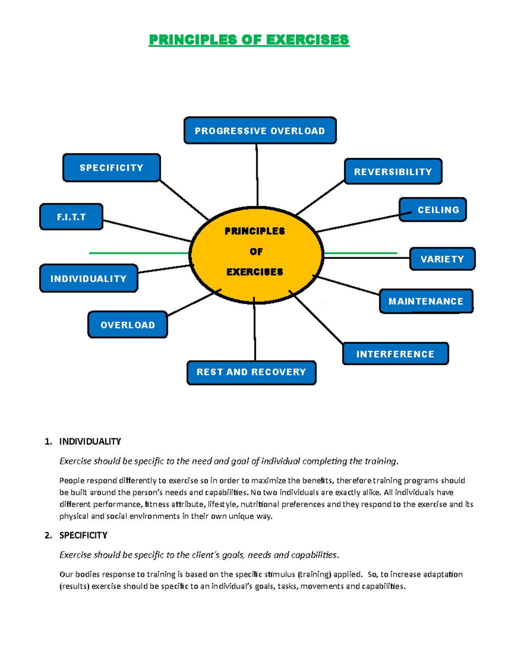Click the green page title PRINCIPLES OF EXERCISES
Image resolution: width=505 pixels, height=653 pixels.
click(249, 40)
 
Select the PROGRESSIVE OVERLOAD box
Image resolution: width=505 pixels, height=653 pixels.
click(260, 131)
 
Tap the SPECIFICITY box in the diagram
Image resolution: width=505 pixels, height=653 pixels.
click(112, 168)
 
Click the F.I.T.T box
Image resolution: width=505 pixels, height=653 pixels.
click(71, 217)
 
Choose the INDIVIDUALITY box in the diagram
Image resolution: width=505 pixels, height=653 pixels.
click(88, 278)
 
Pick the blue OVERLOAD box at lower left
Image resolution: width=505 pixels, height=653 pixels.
click(128, 325)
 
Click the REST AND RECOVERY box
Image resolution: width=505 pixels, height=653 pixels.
click(251, 372)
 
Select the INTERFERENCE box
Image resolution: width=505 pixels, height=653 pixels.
click(395, 354)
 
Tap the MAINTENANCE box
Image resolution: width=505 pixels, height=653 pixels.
click(426, 301)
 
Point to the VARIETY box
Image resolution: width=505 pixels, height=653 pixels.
click(442, 259)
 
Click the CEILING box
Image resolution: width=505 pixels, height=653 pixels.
click(438, 210)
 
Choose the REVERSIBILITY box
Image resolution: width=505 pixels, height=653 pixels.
click(393, 172)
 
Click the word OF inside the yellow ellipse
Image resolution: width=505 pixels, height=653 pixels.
click(256, 252)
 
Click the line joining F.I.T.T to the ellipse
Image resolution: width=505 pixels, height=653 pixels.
click(147, 231)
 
